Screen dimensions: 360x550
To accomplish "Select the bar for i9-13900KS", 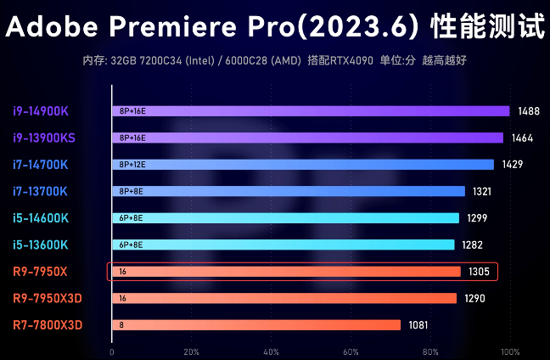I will pyautogui.click(x=306, y=138).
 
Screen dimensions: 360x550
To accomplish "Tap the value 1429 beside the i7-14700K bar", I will pyautogui.click(x=512, y=165).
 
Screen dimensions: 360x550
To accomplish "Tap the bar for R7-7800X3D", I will pyautogui.click(x=255, y=325).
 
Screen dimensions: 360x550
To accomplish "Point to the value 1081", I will pyautogui.click(x=418, y=325).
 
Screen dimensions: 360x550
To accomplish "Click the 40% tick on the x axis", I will pyautogui.click(x=272, y=352).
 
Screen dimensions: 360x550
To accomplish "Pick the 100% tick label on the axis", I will pyautogui.click(x=510, y=352).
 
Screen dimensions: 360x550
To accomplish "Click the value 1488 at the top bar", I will pyautogui.click(x=527, y=111).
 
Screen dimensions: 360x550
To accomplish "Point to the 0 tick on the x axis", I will pyautogui.click(x=111, y=352).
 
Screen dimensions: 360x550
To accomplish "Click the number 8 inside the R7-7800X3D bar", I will pyautogui.click(x=121, y=325).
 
